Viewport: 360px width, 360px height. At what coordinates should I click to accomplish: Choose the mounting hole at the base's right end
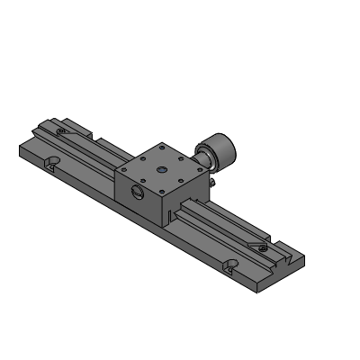pos(231,265)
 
